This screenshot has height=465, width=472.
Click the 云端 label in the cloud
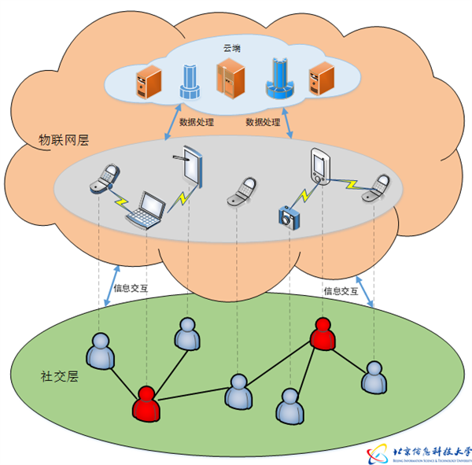[x=232, y=49]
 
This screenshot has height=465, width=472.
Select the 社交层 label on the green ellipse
[x=60, y=375]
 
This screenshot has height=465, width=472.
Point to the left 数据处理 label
[x=197, y=123]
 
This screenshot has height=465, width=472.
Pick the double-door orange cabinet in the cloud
[x=229, y=80]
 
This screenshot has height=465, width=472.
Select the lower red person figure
[x=146, y=403]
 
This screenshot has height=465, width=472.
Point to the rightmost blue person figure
[x=374, y=378]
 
